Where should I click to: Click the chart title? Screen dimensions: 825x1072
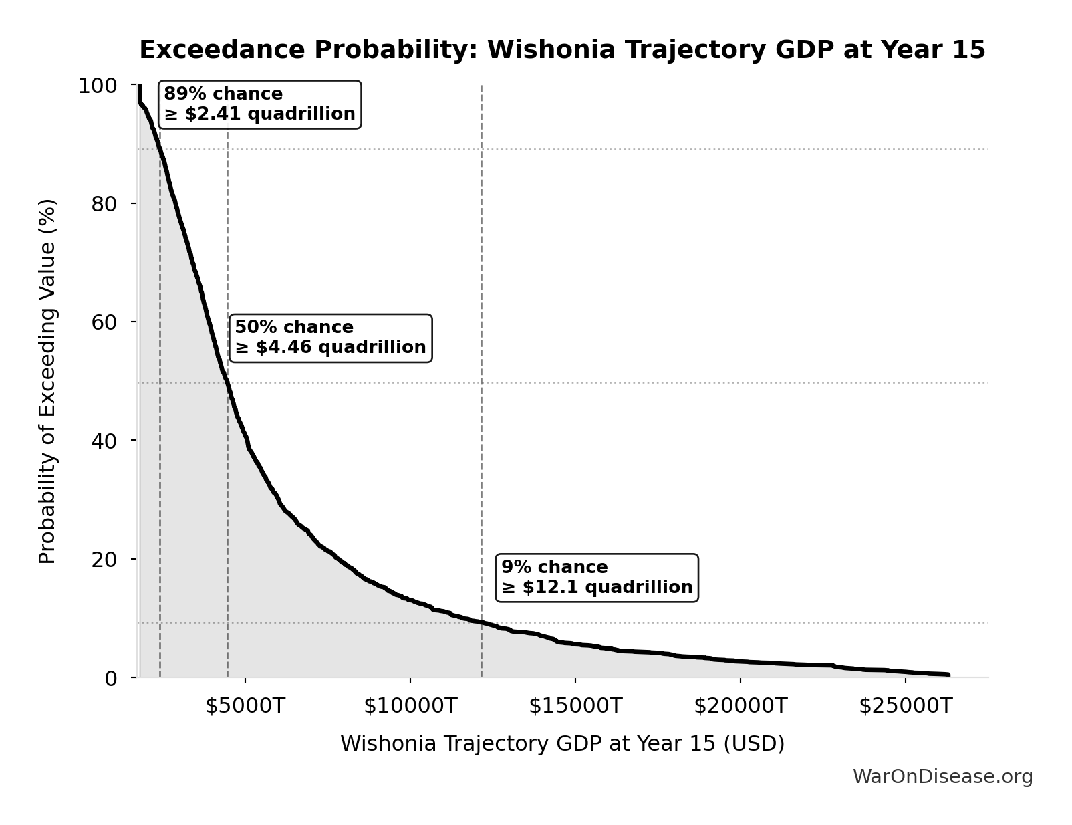tap(562, 50)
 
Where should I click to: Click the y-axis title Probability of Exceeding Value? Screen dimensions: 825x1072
tap(47, 381)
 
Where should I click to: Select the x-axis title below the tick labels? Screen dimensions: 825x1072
tap(562, 743)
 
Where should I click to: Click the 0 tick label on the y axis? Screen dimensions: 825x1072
tap(111, 677)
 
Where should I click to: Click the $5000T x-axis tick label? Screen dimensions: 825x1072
tap(245, 705)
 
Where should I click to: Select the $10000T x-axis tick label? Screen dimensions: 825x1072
tap(410, 705)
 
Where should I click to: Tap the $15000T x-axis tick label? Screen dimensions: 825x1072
tap(575, 705)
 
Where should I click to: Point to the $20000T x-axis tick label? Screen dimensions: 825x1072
tap(741, 705)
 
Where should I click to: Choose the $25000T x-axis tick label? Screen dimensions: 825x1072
tap(906, 705)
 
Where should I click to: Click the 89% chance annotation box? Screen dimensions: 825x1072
tap(259, 104)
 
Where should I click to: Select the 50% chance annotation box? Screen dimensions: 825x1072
tap(330, 338)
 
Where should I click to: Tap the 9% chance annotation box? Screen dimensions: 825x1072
tap(597, 578)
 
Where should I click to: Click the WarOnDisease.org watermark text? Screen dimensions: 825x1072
tap(942, 776)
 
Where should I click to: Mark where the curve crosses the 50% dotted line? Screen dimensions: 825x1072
tap(227, 382)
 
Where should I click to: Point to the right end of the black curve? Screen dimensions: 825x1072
tap(948, 675)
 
